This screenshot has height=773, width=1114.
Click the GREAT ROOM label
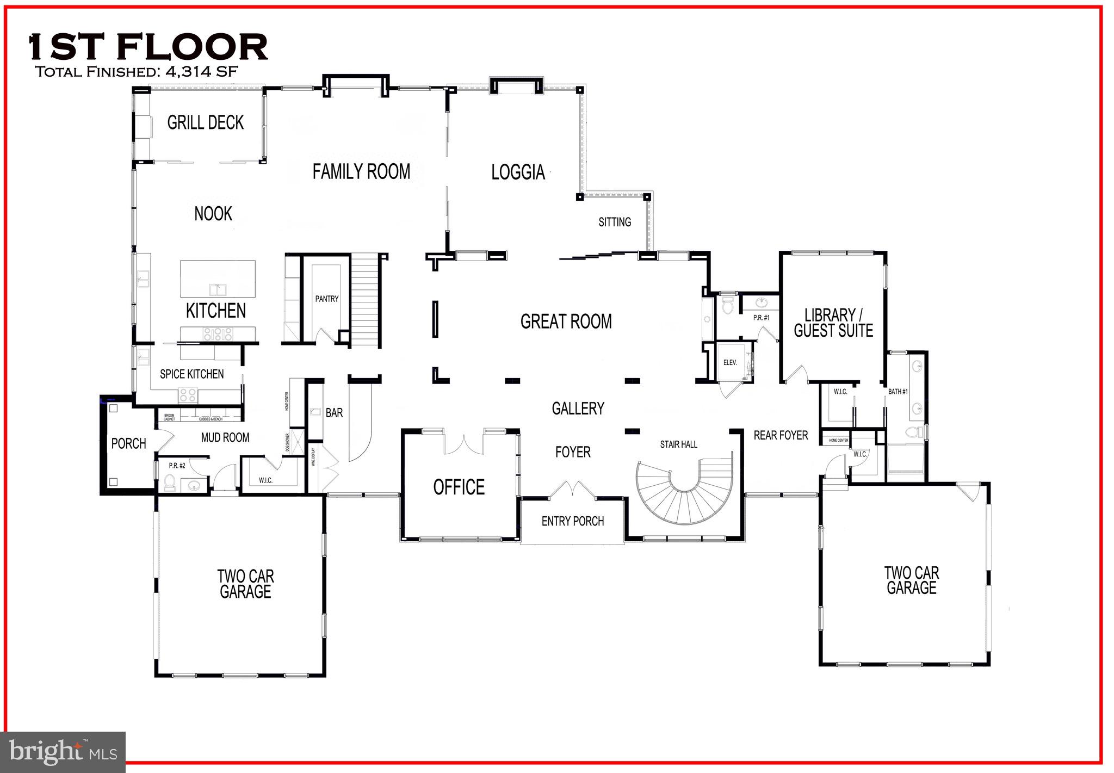tap(566, 321)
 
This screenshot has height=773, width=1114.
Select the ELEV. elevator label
tap(729, 363)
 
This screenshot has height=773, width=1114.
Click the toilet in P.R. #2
tap(169, 482)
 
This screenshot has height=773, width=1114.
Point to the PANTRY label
tap(326, 299)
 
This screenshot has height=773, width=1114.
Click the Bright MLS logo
tap(63, 752)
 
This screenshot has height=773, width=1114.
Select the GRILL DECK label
tap(205, 122)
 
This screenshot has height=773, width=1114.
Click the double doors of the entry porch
tap(572, 489)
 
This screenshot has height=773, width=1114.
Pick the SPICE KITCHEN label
tap(191, 374)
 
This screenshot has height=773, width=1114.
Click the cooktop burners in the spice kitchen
tap(188, 394)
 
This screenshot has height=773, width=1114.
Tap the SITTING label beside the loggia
tap(615, 222)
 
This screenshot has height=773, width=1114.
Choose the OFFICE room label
tap(459, 487)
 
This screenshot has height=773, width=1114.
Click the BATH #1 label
tap(898, 392)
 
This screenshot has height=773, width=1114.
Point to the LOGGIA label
tap(518, 172)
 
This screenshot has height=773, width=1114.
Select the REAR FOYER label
tap(781, 435)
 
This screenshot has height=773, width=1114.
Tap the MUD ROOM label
tap(225, 437)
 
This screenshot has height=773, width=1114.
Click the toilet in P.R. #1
tap(727, 307)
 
